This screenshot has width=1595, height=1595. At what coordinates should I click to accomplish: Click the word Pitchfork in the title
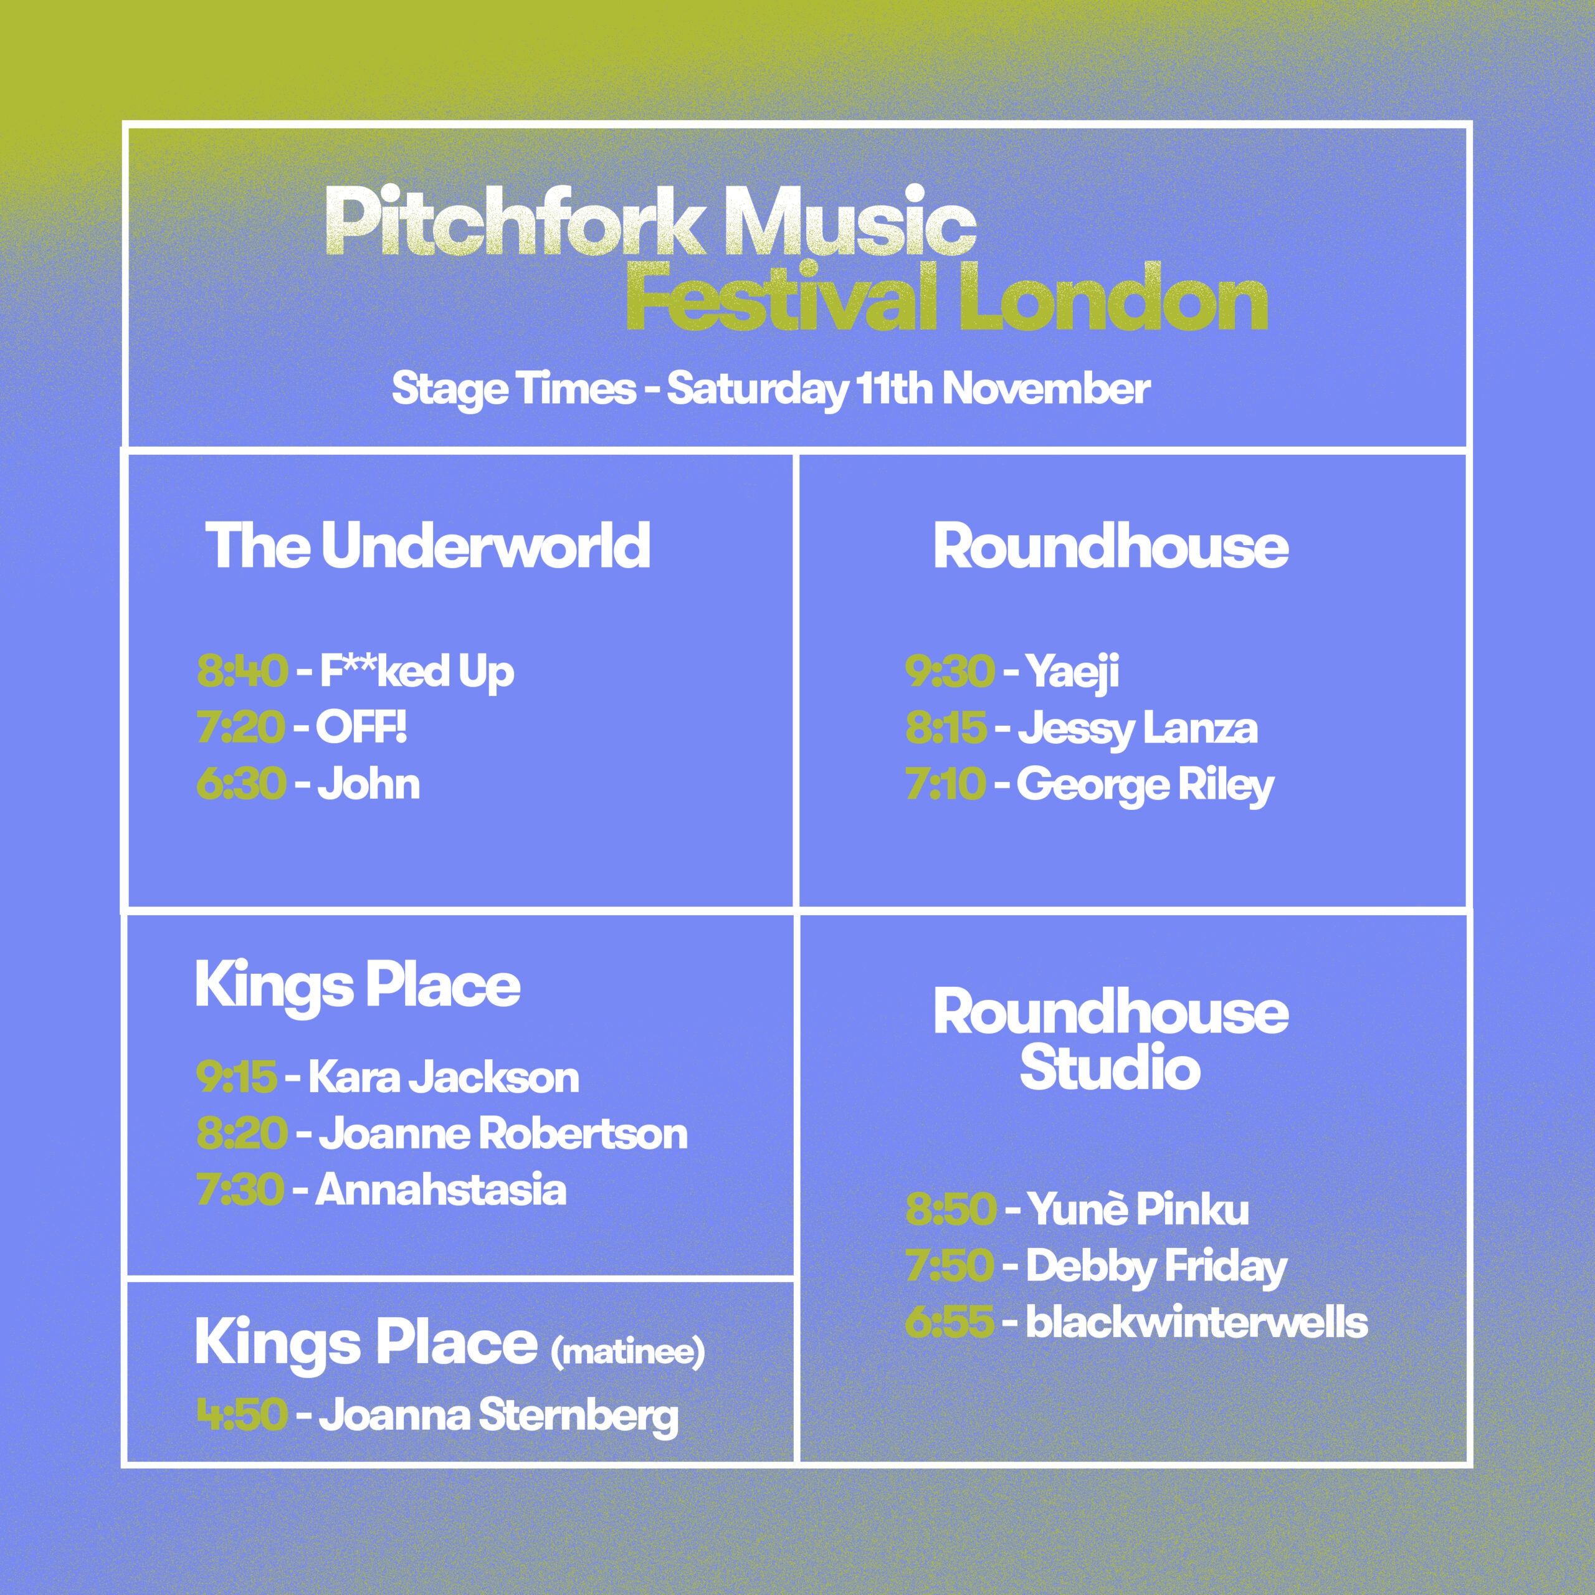(x=513, y=221)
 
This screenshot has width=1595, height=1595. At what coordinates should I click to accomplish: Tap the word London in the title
(x=1112, y=297)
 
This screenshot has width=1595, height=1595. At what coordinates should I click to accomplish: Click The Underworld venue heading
(x=427, y=546)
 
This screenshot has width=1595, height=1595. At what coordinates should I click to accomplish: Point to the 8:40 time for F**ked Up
(x=242, y=671)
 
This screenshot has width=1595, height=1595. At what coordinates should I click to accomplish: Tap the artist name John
(x=369, y=783)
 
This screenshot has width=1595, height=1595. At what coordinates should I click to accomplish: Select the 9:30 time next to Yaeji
(x=950, y=671)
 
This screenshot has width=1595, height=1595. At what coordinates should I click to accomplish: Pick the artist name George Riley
(x=1145, y=785)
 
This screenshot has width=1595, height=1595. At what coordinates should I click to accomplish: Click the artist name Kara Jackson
(x=444, y=1077)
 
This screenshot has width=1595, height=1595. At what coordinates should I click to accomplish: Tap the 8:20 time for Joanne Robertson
(x=242, y=1133)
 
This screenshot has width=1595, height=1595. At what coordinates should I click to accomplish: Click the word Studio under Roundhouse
(x=1110, y=1067)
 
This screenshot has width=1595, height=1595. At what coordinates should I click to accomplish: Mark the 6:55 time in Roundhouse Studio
(x=950, y=1323)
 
